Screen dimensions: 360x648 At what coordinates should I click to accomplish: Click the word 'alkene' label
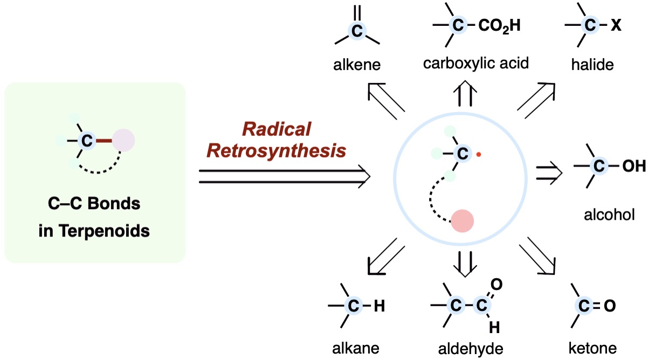pos(356,65)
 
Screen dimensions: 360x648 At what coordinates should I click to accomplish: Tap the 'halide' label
pos(592,65)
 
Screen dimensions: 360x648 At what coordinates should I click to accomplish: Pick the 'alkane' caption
pos(356,347)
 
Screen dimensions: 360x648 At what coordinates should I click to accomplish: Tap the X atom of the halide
pos(615,25)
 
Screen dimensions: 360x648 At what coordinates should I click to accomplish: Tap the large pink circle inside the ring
pos(462,221)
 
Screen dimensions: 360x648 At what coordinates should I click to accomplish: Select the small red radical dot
pos(478,155)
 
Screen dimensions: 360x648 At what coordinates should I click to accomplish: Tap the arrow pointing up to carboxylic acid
pos(467,93)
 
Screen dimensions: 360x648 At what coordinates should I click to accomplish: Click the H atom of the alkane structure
pos(379,307)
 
